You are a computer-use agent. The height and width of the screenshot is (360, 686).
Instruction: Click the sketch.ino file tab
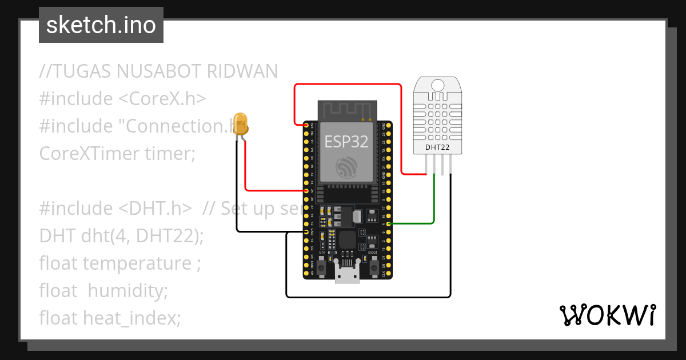pos(101,25)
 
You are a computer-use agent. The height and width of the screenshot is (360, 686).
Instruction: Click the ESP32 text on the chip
pos(346,141)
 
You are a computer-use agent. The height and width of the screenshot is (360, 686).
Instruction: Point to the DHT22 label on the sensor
pos(437,147)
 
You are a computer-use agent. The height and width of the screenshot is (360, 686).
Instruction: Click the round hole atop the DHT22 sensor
pos(437,85)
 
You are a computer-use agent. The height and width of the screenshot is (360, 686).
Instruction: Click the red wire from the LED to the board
pos(246,171)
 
